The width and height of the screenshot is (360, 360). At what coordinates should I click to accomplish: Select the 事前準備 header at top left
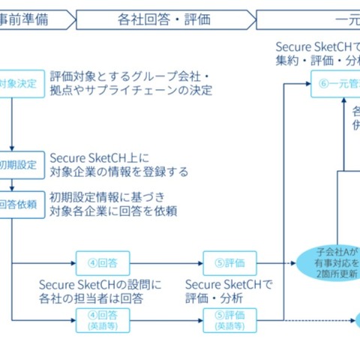click(30, 19)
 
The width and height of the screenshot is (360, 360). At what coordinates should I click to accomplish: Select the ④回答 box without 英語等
click(102, 264)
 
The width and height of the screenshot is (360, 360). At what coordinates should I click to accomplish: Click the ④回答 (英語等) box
click(102, 320)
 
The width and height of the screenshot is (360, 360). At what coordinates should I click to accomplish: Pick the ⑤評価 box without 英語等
click(229, 264)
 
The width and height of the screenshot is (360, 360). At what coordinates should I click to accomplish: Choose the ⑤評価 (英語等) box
click(229, 320)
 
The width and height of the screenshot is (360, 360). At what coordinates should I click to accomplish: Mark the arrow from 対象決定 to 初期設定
click(13, 124)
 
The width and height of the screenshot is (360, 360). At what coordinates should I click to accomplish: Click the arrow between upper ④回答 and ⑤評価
click(166, 264)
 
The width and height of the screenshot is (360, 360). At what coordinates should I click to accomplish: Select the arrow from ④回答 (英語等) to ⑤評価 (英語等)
click(166, 320)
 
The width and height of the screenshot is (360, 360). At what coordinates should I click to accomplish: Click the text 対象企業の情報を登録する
click(119, 172)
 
